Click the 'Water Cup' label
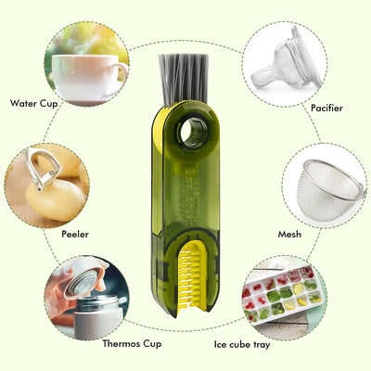click(x=34, y=103)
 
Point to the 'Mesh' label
click(x=289, y=235)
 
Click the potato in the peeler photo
click(x=57, y=195)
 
